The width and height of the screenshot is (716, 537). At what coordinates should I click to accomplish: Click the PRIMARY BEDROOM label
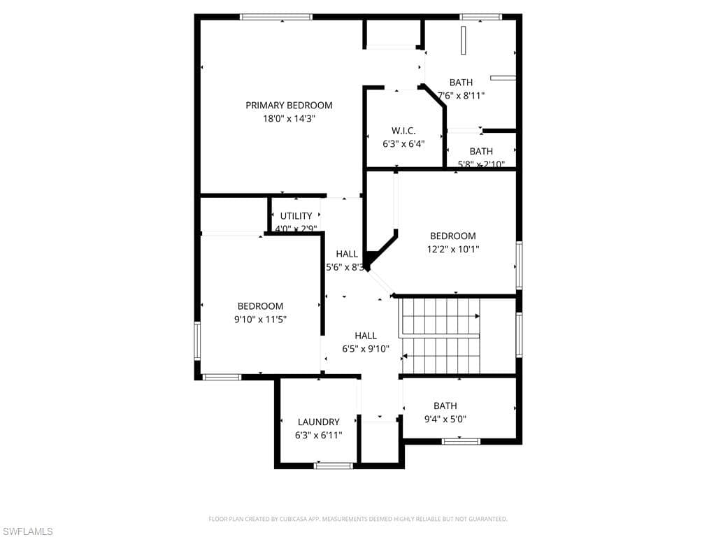289,106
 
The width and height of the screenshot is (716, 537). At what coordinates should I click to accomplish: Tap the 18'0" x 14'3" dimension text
289,119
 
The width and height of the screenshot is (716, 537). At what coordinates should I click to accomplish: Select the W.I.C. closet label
403,131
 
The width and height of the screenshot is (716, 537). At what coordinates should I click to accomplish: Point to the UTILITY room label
296,216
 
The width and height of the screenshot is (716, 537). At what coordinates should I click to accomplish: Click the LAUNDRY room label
318,422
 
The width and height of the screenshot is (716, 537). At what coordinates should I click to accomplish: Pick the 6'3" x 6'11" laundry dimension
318,435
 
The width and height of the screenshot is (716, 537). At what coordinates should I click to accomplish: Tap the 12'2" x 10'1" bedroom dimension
452,249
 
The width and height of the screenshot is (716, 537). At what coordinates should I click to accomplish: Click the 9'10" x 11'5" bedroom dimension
260,319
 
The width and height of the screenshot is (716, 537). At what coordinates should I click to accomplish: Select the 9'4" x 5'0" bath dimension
445,419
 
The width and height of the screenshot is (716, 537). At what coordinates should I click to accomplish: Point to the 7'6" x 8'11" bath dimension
461,96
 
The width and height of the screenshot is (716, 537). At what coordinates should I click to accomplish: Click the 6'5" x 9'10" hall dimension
366,349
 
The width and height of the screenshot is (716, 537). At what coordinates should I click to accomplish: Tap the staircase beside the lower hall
441,336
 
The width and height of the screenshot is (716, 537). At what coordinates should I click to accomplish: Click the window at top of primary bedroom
275,17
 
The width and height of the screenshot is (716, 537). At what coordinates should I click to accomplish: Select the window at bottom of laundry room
334,465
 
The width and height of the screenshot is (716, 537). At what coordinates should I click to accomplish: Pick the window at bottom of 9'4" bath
461,441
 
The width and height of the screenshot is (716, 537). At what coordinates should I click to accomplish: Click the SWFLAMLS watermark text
27,531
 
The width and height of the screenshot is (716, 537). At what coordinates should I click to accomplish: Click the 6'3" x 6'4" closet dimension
403,144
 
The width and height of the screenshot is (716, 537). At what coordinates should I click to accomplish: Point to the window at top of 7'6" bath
480,17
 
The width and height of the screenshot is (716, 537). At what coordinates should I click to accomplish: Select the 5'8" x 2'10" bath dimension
480,164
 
